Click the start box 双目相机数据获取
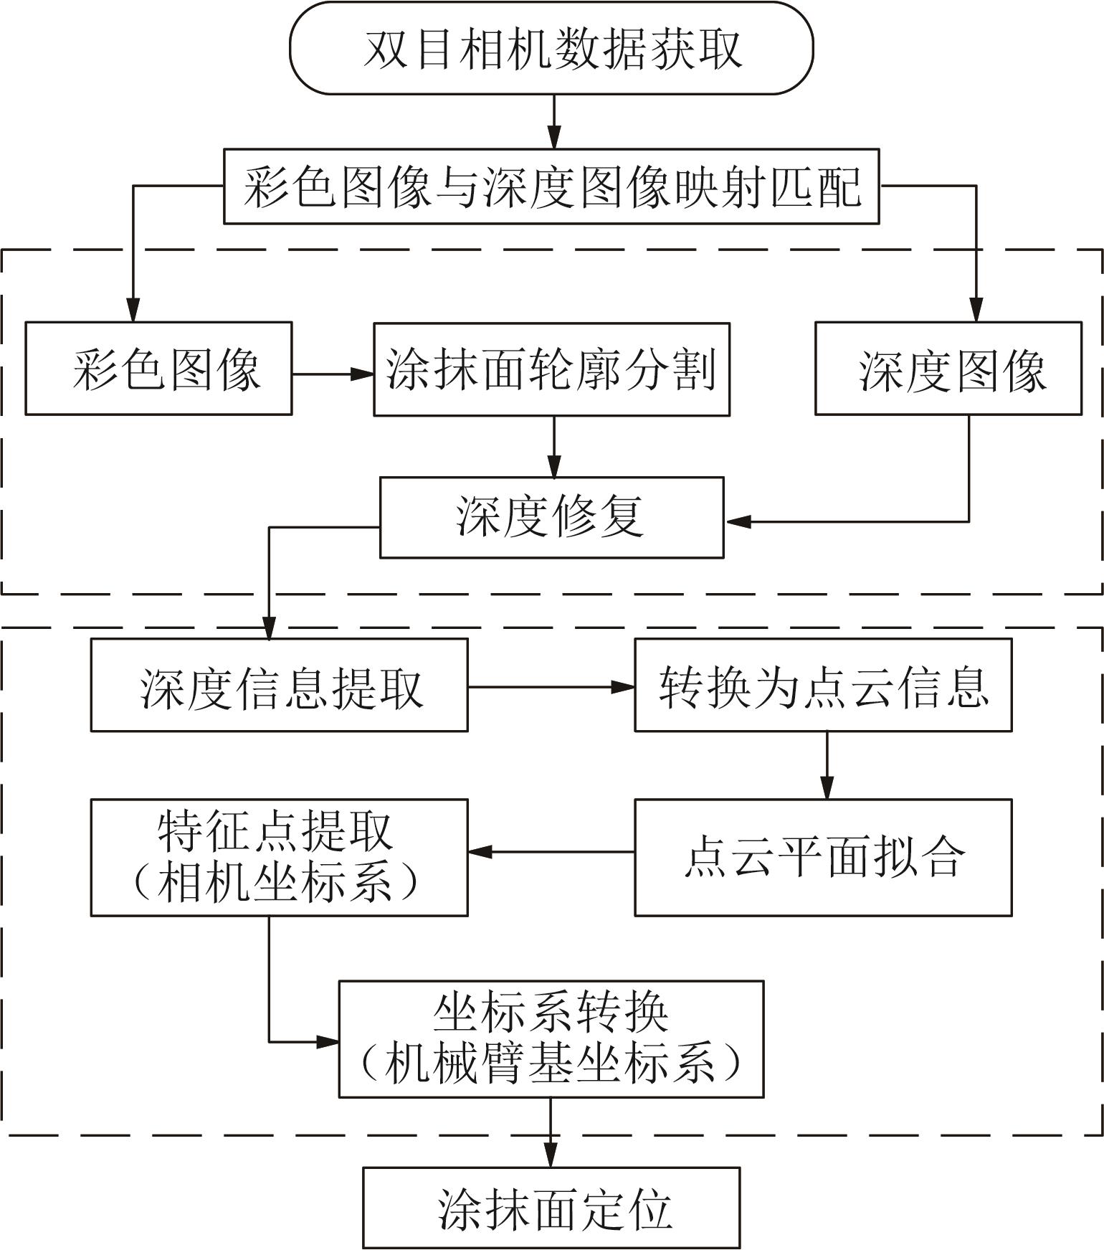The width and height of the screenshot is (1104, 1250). [x=551, y=48]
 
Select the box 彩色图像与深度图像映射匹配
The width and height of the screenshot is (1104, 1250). [x=551, y=186]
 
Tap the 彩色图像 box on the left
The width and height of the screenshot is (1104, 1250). [x=158, y=369]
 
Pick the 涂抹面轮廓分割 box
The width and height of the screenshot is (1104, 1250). [x=551, y=369]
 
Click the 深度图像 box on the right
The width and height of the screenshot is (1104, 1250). [x=948, y=369]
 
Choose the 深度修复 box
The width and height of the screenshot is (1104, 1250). [x=551, y=517]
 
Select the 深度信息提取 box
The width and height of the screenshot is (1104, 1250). [x=279, y=686]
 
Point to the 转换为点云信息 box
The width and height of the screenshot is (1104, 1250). [x=823, y=686]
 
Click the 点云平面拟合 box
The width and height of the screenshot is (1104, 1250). [x=823, y=858]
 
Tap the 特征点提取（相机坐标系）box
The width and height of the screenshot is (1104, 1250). [x=279, y=858]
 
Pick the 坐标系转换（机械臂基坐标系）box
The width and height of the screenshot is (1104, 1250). [x=551, y=1039]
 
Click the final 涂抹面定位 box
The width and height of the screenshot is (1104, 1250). [x=551, y=1208]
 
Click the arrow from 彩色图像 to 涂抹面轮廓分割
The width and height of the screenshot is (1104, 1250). [x=333, y=374]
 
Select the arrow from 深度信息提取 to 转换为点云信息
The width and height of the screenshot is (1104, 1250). [x=551, y=687]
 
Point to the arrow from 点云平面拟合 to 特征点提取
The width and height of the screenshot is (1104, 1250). [x=551, y=852]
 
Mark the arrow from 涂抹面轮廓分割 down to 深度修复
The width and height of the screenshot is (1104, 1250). [x=553, y=446]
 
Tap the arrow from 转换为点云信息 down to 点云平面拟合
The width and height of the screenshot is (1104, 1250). [x=827, y=765]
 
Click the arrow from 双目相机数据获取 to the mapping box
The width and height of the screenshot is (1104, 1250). [x=553, y=121]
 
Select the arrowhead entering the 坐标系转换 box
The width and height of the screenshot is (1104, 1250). [x=328, y=1041]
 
